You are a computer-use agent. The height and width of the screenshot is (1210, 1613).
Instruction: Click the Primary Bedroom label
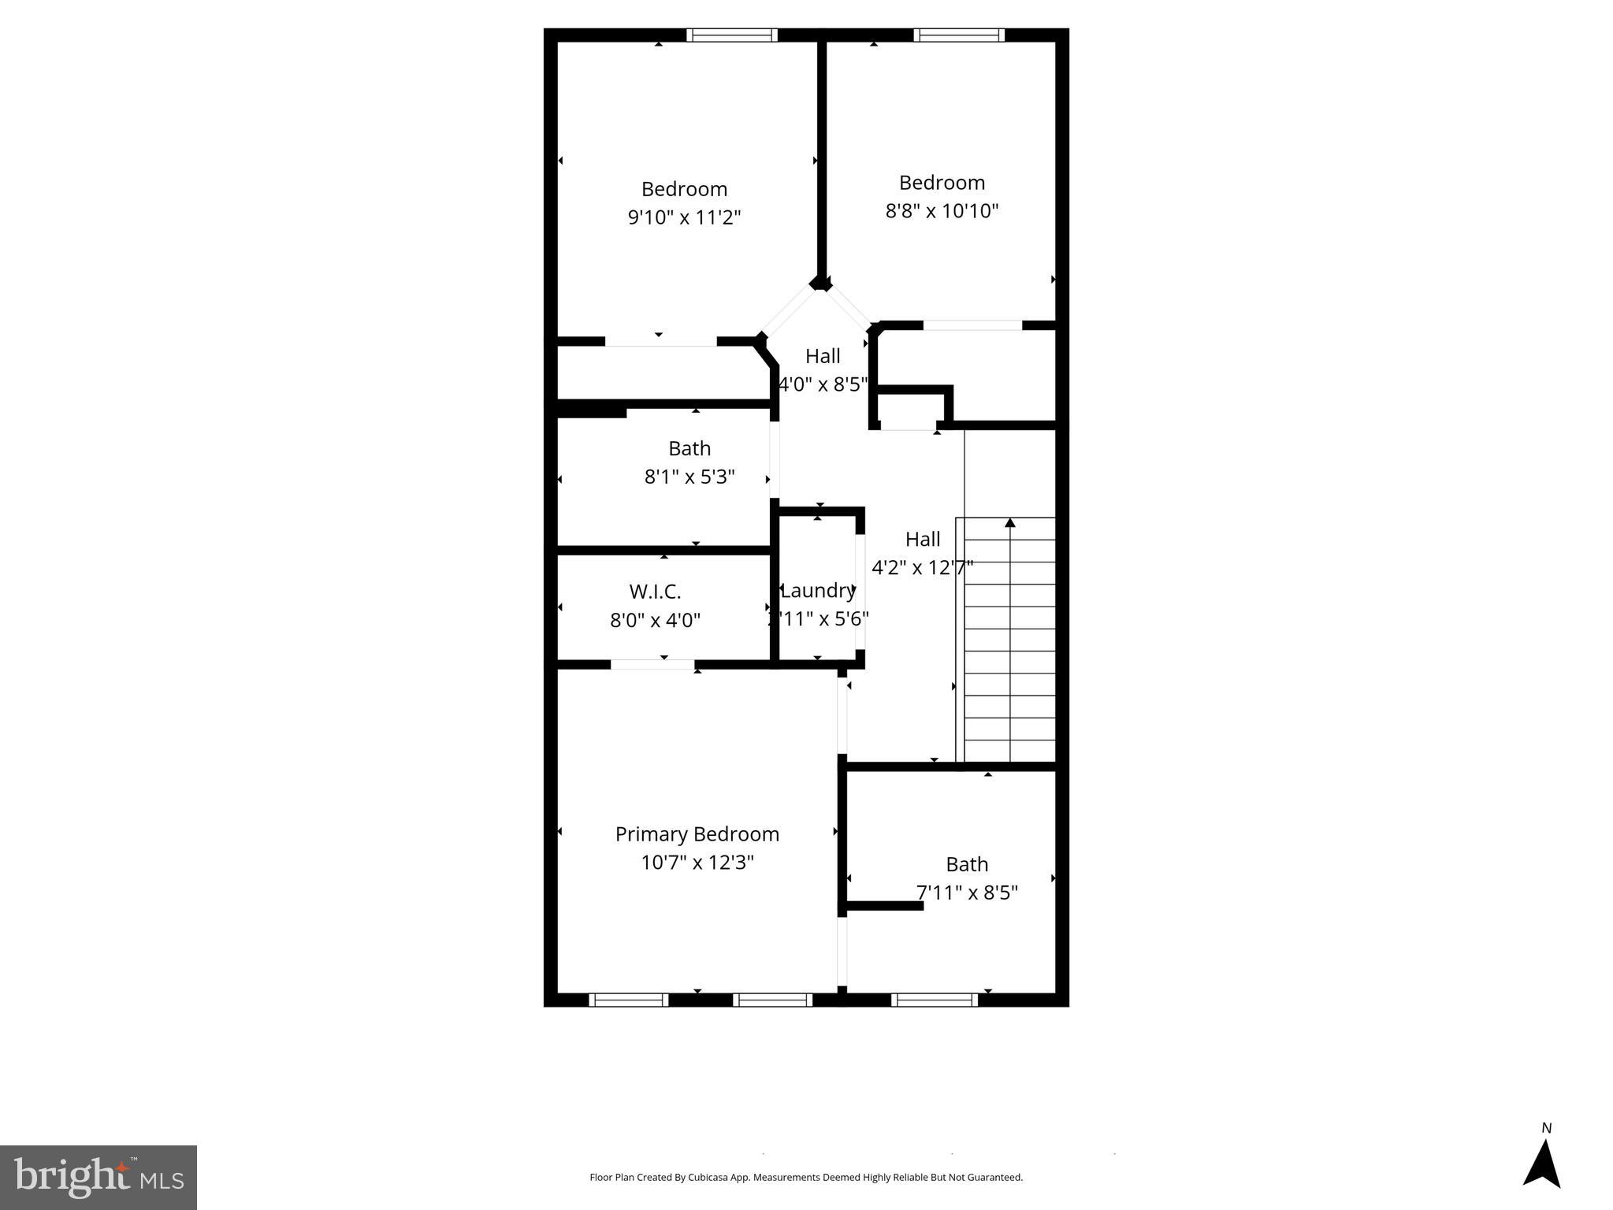click(697, 834)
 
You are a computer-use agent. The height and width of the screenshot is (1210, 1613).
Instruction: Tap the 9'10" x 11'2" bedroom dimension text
click(684, 217)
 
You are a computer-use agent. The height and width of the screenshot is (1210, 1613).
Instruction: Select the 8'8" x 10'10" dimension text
click(942, 211)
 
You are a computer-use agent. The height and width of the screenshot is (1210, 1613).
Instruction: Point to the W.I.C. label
click(655, 592)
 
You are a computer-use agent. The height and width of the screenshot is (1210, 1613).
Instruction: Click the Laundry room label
click(818, 591)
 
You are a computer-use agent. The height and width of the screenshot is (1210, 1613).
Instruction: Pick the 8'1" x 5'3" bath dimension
click(689, 477)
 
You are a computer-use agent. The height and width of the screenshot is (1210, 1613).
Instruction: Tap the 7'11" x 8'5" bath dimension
click(967, 893)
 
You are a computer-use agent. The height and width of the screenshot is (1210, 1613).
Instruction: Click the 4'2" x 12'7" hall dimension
click(922, 567)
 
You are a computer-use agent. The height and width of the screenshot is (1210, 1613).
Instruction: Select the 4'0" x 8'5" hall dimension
click(823, 384)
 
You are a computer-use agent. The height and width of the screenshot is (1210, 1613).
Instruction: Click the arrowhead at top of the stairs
click(1009, 522)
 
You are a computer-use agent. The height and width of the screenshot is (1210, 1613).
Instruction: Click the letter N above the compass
click(1546, 1128)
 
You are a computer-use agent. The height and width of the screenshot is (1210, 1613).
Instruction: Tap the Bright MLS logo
click(98, 1177)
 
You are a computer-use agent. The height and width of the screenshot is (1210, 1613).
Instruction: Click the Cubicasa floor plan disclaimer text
click(806, 1178)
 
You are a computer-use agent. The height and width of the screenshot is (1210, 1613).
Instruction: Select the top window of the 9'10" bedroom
click(732, 35)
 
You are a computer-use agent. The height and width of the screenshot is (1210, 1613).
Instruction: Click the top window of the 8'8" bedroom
click(959, 35)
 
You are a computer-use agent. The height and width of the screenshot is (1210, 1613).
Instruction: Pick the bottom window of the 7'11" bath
click(935, 1000)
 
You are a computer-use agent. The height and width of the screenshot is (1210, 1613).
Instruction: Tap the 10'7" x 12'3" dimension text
click(697, 863)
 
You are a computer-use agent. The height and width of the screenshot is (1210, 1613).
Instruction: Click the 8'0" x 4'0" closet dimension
click(655, 621)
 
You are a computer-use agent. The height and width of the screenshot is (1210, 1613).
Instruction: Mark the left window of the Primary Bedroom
click(628, 1000)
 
